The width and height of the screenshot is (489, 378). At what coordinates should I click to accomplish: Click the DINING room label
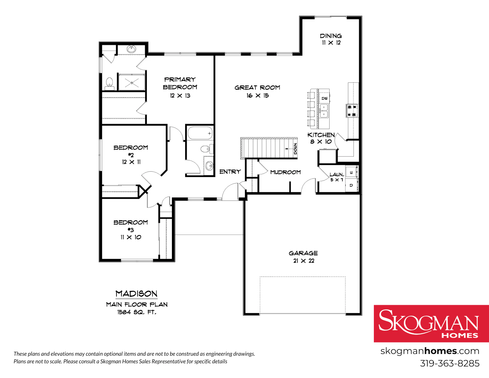(x=331, y=36)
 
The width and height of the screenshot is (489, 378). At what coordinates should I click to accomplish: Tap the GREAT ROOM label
(x=257, y=88)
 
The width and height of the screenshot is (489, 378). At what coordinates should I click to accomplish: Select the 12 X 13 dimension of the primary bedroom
(x=180, y=96)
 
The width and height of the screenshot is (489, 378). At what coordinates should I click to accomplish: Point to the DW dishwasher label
(x=324, y=98)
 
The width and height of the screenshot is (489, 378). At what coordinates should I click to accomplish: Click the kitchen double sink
(x=324, y=111)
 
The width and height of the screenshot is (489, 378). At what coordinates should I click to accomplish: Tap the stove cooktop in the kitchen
(x=352, y=111)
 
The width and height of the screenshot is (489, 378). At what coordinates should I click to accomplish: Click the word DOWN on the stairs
(x=295, y=149)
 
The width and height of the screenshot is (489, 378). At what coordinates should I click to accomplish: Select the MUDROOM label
(x=286, y=172)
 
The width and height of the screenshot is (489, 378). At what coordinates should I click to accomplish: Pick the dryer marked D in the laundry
(x=351, y=185)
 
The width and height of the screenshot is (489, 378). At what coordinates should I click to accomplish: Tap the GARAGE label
(x=303, y=253)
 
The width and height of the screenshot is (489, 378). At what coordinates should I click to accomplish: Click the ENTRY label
(x=230, y=172)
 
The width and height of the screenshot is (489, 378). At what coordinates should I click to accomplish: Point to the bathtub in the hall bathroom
(x=200, y=133)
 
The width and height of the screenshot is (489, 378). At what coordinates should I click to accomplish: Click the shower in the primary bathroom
(x=132, y=82)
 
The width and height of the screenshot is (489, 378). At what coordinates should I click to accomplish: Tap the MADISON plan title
(x=137, y=294)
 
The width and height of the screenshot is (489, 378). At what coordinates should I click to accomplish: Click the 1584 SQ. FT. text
(x=137, y=312)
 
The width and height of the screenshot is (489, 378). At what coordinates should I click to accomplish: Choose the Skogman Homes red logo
(x=431, y=324)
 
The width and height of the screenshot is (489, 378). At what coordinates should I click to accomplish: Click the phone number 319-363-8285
(x=450, y=363)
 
